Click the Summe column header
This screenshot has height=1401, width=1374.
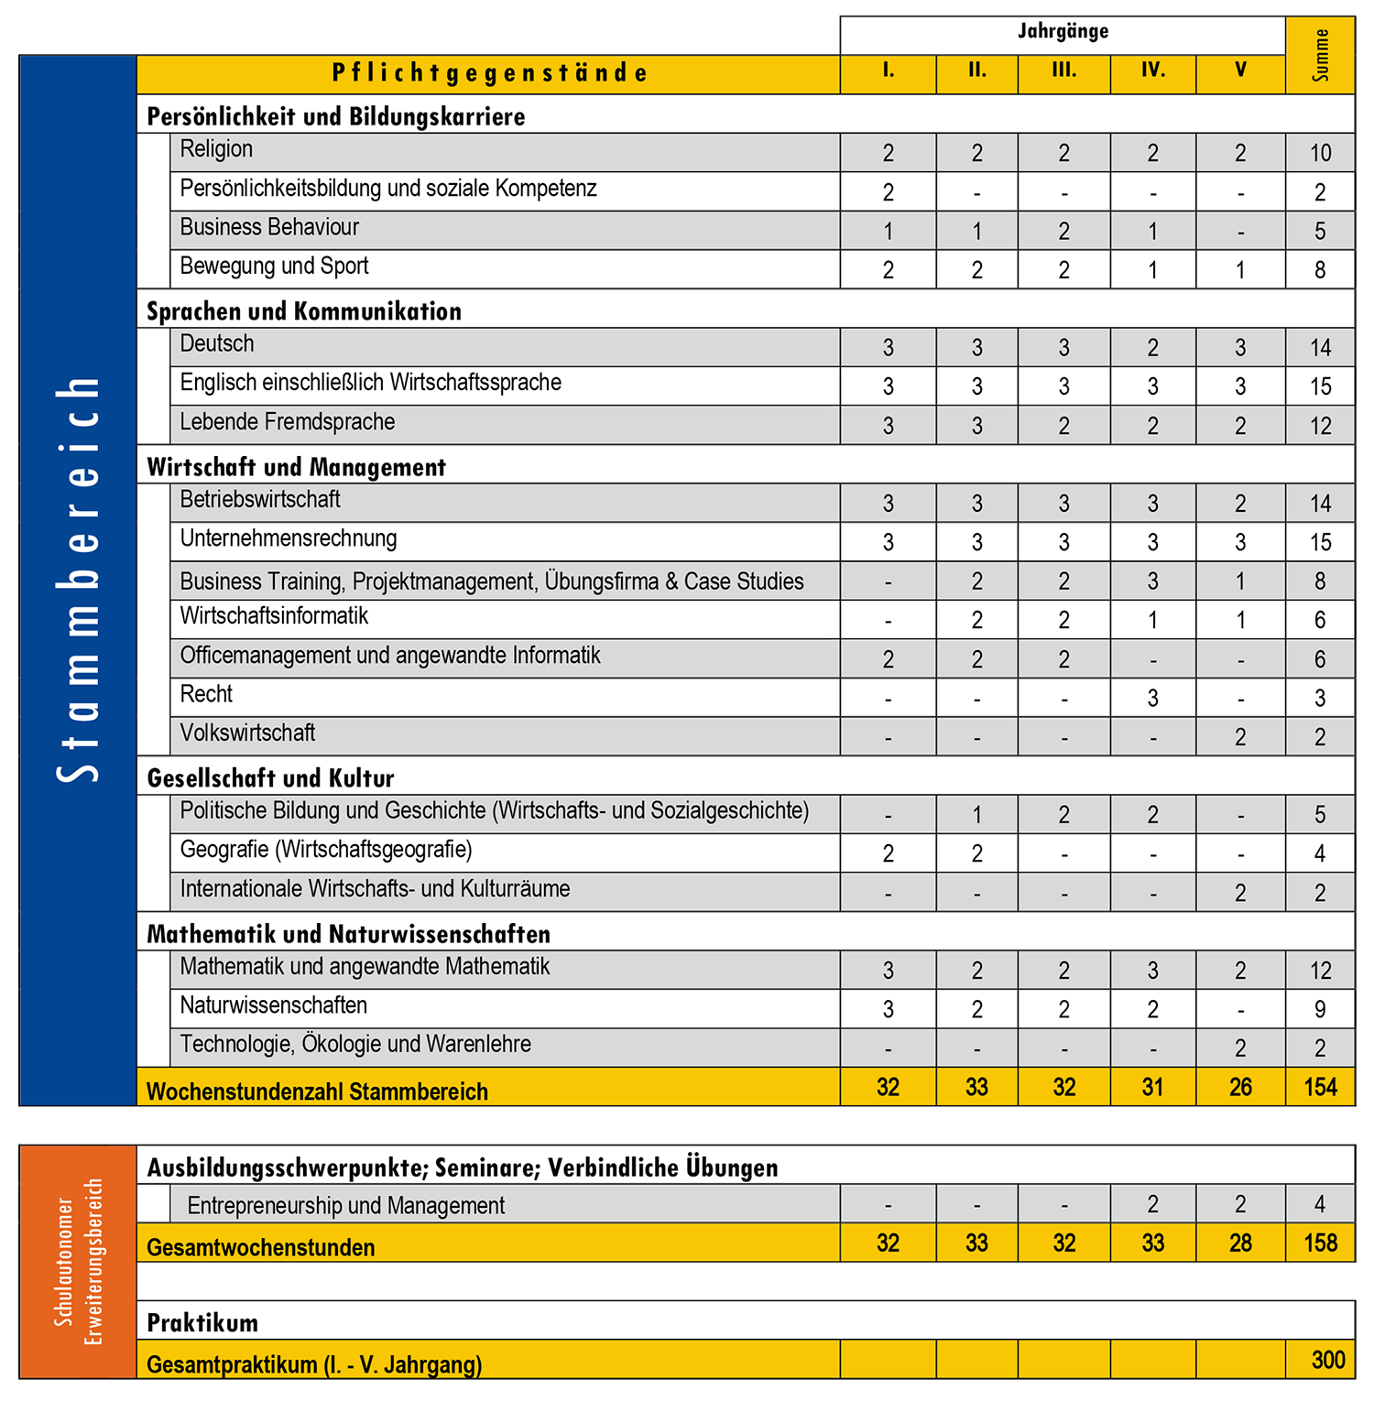coord(1320,55)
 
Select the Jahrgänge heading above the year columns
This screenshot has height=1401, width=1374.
coord(1063,32)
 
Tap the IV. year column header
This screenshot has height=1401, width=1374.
coord(1152,71)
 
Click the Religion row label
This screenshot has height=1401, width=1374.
coord(216,149)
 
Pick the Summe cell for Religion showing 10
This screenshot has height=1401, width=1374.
coord(1320,153)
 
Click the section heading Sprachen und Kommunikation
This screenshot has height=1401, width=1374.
coord(304,311)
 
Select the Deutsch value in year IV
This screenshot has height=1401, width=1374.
coord(1152,348)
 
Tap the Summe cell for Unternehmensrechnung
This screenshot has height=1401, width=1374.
coord(1320,542)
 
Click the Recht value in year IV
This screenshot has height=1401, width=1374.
coord(1152,699)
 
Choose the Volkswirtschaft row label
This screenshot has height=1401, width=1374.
coord(247,733)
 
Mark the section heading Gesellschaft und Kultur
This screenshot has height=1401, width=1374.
coord(270,778)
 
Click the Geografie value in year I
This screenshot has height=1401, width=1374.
coord(888,853)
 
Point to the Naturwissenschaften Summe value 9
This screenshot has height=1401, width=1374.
coord(1320,1009)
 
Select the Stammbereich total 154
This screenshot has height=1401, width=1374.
coord(1320,1088)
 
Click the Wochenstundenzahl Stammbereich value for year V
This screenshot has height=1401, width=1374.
coord(1240,1088)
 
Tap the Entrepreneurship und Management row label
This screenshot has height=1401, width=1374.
coord(345,1206)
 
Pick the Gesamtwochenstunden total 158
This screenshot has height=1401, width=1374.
coord(1320,1244)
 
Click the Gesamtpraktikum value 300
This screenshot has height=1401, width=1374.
coord(1327,1360)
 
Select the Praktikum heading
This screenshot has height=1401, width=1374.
coord(202,1323)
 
